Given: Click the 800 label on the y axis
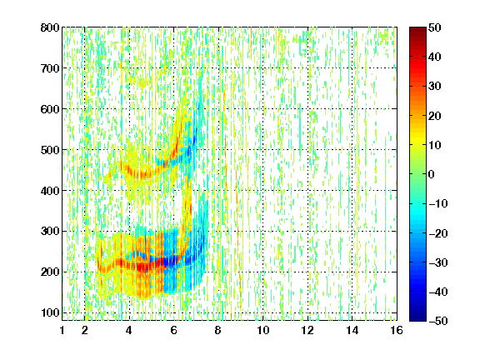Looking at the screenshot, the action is coord(50,27).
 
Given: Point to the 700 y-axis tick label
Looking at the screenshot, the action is coord(50,68).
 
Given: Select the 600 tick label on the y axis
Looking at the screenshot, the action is coord(50,109).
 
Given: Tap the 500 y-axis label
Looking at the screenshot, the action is coord(50,150).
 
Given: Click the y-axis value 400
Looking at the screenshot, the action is coord(50,191).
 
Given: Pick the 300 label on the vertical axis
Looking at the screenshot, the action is coord(50,232).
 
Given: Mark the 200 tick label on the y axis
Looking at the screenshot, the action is coord(50,272).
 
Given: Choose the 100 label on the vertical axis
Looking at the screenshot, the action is coord(50,312).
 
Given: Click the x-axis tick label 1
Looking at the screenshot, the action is coord(62,330).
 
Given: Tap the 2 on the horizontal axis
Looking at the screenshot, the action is coord(85,330).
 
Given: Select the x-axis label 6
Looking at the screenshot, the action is coord(174,330).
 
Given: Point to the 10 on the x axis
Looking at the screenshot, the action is coord(263,330).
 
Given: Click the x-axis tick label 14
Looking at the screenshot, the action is coord(352,330).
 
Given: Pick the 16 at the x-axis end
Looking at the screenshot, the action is coord(397,330).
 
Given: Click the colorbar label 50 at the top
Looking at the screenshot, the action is coord(434,27).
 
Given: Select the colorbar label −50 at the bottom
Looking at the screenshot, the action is coord(438,321).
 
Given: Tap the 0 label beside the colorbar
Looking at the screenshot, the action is coord(431,174).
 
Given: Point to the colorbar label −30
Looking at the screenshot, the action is coord(438,262).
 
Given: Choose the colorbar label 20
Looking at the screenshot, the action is coord(434,116).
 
